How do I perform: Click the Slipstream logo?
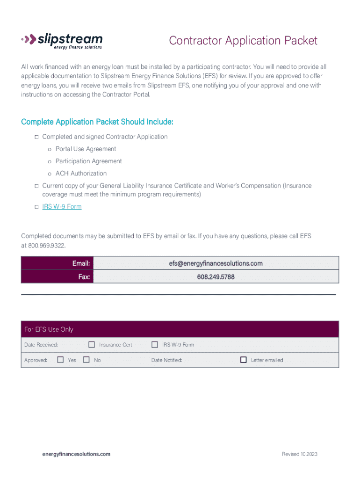coord(62,40)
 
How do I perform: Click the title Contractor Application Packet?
coord(243,41)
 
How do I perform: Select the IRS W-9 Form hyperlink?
coord(62,206)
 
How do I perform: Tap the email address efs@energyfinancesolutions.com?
coord(216,263)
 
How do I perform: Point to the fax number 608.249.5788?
coord(216,277)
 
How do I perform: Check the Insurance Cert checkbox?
coord(92,345)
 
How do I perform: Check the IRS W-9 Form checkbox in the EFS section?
coord(155,345)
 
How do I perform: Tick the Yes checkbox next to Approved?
coord(60,360)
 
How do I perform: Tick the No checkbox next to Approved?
coord(86,360)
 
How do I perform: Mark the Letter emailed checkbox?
coord(243,360)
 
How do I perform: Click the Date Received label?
coord(41,345)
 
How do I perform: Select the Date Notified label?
coord(166,360)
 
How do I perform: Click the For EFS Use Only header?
coord(49,329)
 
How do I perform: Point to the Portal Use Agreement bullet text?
coord(86,149)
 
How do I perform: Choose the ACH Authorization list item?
coord(81,173)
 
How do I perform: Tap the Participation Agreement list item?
coord(89,161)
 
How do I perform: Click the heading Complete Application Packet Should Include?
coord(97,122)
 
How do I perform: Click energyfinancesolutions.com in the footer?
coord(76,454)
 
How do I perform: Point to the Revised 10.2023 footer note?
coord(299,454)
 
